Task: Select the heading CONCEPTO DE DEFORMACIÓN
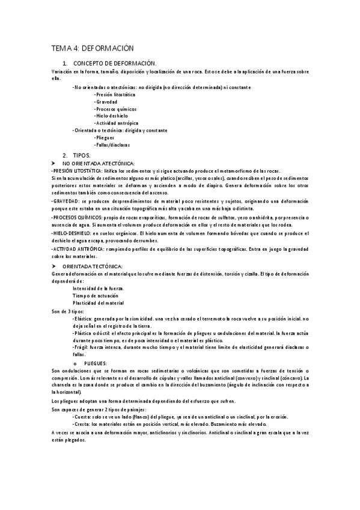point(114,63)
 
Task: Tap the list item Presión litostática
point(115,95)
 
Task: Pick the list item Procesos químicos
point(115,109)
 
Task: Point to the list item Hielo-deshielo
point(111,116)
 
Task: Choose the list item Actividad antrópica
point(116,123)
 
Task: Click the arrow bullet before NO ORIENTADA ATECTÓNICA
point(54,163)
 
